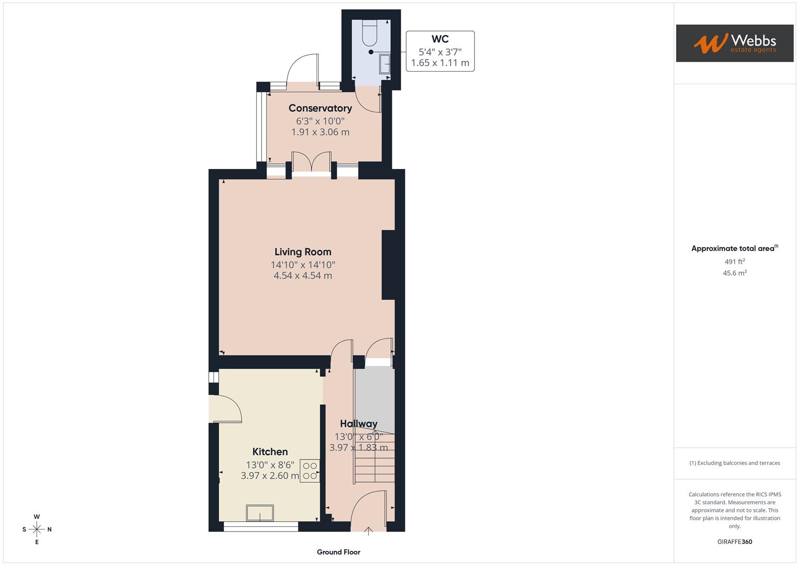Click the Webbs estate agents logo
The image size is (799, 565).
pos(734,43)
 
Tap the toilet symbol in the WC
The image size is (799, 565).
pos(370,32)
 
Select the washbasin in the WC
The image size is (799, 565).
pos(385,64)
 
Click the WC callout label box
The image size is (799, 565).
pos(440,51)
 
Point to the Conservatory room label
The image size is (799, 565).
pos(320,108)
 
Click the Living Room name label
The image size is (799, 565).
pos(303,252)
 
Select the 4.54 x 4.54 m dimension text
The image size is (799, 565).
pos(303,276)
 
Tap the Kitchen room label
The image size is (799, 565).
pos(270,452)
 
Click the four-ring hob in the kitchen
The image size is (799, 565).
pos(310,470)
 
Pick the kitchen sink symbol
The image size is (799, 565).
pos(260,513)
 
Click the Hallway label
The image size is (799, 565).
pos(358,424)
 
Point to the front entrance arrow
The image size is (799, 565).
pos(368,531)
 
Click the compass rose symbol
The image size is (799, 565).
pos(37,529)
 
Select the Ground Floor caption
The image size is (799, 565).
pos(339,552)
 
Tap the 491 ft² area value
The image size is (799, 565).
pos(734,262)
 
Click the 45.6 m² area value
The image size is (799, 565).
pos(734,273)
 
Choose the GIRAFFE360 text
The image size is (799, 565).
pos(734,541)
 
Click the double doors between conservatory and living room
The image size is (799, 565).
pos(311,163)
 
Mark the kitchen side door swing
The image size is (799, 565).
pos(226,409)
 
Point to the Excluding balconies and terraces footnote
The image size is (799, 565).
pos(734,463)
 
